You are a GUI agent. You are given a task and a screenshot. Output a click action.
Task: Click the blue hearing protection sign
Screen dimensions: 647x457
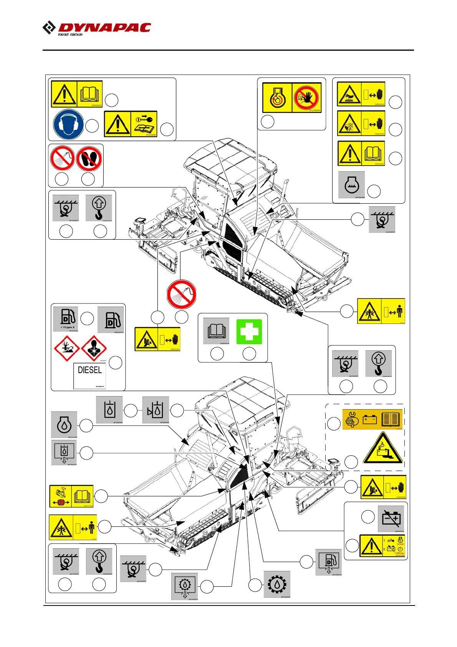click(x=68, y=124)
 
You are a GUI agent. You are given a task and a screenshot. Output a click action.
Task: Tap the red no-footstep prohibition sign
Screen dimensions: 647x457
click(x=89, y=158)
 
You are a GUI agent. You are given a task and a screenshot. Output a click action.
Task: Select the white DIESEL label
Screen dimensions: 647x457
click(x=90, y=375)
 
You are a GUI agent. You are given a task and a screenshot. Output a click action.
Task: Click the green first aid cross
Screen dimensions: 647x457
click(x=249, y=332)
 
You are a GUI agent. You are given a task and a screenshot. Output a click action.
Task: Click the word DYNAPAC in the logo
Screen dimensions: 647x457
click(x=104, y=28)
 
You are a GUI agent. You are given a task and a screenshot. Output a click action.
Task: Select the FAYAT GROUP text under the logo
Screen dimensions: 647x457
click(x=70, y=35)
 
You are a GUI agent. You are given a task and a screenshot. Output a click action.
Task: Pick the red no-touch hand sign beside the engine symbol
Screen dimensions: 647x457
click(x=307, y=98)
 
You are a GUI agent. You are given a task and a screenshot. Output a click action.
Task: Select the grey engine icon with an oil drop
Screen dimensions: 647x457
click(x=64, y=425)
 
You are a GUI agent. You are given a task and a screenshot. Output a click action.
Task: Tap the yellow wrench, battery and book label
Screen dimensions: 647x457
click(x=372, y=419)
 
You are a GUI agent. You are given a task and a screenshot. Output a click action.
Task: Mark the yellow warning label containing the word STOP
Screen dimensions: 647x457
click(x=382, y=546)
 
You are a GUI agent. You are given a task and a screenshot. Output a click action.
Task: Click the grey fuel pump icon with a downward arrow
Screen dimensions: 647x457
click(x=329, y=562)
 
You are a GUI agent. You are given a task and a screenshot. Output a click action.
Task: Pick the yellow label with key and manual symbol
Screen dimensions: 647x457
click(x=131, y=124)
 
